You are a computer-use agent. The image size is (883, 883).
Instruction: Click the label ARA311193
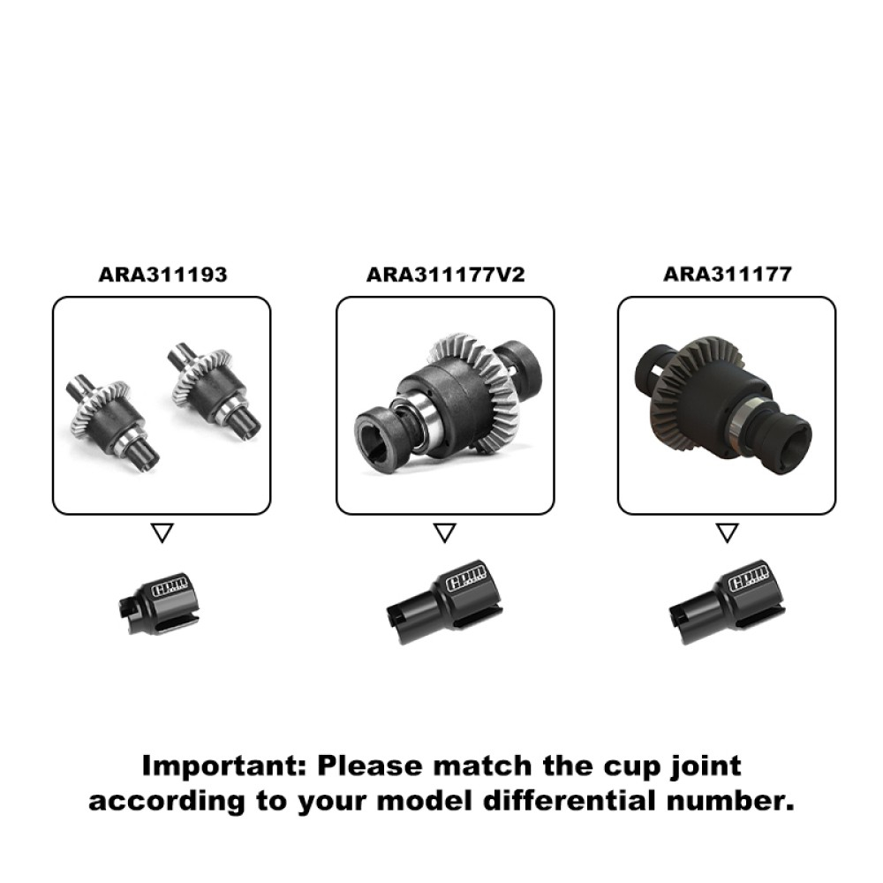pos(162,275)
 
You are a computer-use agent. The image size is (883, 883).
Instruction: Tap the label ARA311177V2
pos(445,275)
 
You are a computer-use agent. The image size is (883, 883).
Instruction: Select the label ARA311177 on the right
pos(728,275)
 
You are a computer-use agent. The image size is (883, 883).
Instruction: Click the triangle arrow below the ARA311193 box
pos(162,532)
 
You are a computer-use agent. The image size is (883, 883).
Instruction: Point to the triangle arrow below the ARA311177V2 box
pos(445,532)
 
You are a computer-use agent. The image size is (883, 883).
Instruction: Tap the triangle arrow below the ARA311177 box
pos(727,532)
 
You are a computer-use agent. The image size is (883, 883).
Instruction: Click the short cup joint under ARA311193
pos(159,603)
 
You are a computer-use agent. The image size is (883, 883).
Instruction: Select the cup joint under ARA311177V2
pos(445,602)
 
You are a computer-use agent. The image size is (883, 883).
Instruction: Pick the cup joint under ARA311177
pos(727,602)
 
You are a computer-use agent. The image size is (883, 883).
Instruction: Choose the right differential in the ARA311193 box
pos(214,389)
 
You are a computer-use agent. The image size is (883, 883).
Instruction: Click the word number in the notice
pos(730,801)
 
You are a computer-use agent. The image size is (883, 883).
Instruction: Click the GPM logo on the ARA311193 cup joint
pos(170,588)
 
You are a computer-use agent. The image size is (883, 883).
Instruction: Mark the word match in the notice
pos(482,766)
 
